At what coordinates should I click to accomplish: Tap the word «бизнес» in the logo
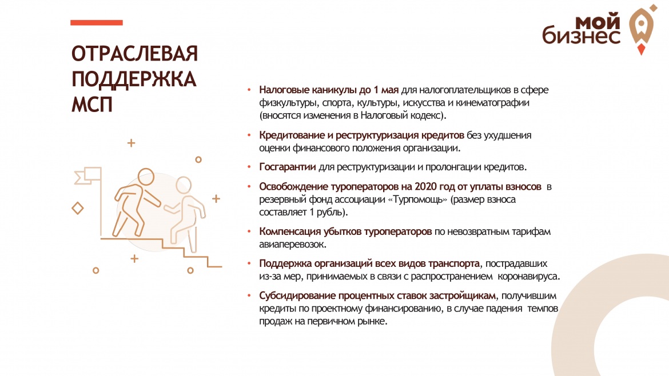point(581,35)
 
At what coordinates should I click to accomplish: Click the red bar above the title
point(97,23)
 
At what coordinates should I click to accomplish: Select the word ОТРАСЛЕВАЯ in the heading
point(134,54)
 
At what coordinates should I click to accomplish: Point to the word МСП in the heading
point(91,105)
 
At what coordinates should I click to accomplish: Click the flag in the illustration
point(88,175)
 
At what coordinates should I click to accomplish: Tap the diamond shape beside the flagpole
point(78,209)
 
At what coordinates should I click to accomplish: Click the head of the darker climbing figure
point(146,177)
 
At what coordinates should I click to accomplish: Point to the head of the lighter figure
point(184,185)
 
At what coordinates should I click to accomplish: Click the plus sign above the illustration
point(132,143)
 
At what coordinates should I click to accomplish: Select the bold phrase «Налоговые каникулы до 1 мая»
point(329,90)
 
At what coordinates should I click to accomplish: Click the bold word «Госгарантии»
point(288,167)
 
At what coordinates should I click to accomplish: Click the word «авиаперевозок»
point(293,245)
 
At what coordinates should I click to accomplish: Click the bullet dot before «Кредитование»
point(249,135)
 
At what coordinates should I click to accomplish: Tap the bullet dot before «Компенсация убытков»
point(249,231)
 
